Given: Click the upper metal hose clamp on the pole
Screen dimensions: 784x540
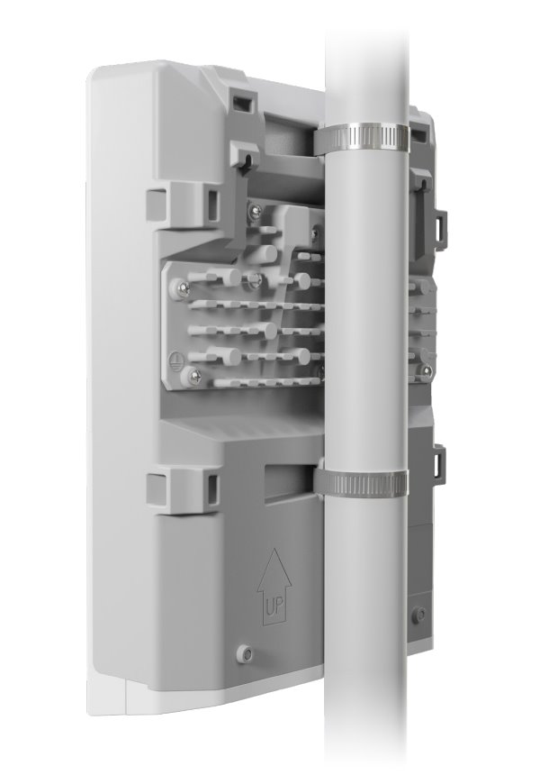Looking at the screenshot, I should pos(362,138).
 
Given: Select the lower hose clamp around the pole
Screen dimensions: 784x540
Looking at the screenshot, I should pos(362,483).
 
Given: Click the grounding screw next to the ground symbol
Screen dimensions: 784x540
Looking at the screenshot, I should pos(186,372).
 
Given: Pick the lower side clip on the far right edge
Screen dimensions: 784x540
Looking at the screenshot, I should pos(440,462).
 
